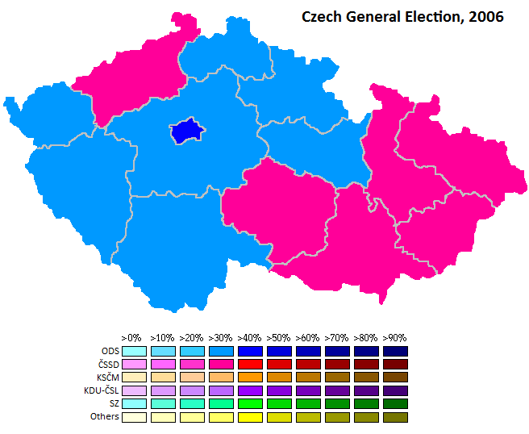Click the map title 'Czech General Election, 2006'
(x=402, y=17)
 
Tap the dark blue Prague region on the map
(x=188, y=130)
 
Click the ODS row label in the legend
(x=110, y=351)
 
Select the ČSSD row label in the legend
(x=108, y=364)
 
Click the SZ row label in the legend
(x=114, y=403)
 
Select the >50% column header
(x=279, y=338)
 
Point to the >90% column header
(x=394, y=338)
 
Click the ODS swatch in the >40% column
(x=251, y=351)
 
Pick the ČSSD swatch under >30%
(x=222, y=364)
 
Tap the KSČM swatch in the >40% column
(x=251, y=377)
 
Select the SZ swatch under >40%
(x=251, y=403)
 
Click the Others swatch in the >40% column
(x=251, y=416)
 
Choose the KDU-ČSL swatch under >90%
(x=395, y=390)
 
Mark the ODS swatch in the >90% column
(x=395, y=351)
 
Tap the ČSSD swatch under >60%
(x=308, y=364)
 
